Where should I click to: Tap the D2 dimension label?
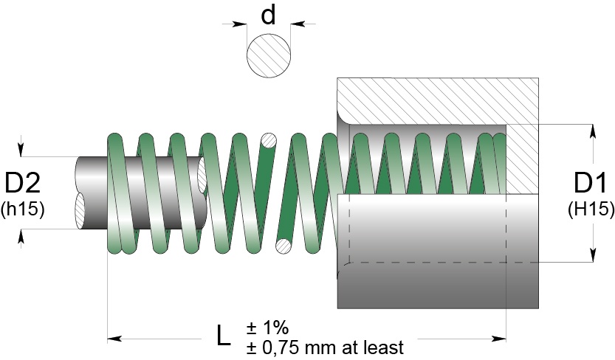click(23, 184)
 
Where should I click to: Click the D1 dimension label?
click(591, 184)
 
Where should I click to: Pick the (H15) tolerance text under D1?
click(591, 209)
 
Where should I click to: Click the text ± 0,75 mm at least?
click(325, 346)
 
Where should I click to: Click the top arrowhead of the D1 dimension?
click(592, 130)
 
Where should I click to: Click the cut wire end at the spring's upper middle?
click(269, 139)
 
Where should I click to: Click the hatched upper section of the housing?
click(436, 100)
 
